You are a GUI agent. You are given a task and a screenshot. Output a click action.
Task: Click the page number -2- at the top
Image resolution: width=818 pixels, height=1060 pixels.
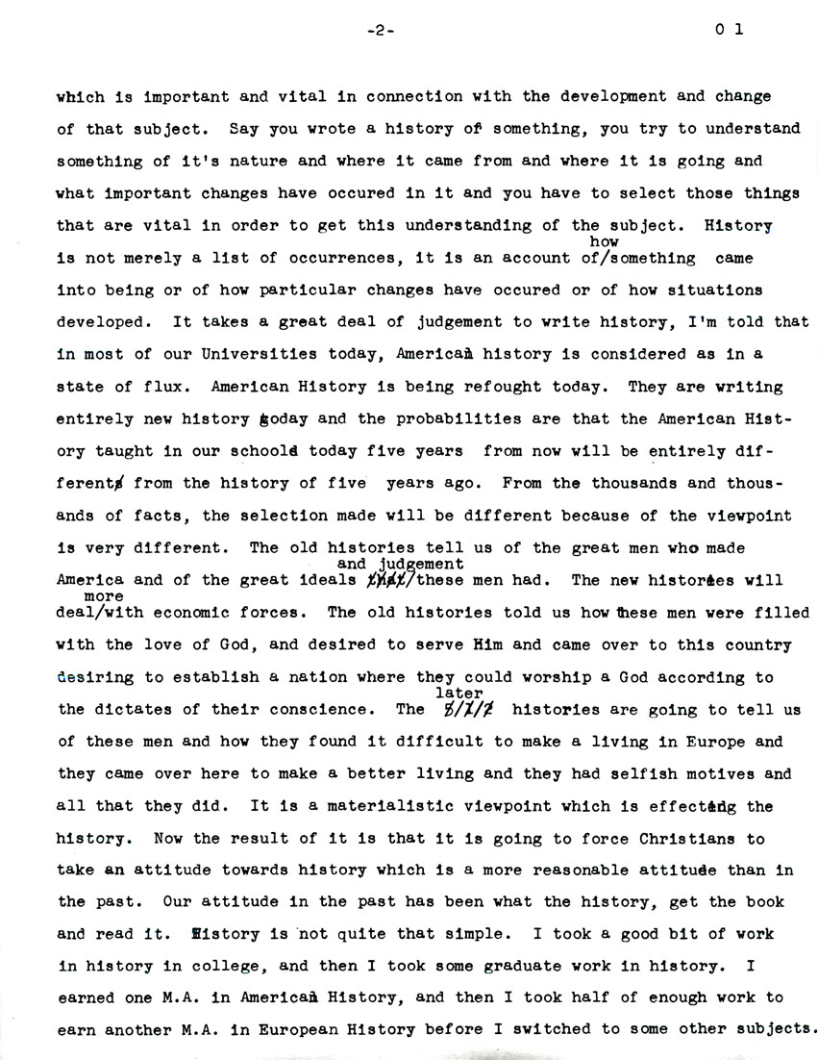coord(382,30)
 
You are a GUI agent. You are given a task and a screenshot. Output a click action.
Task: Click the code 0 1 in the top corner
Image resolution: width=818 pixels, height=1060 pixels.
coord(729,30)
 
